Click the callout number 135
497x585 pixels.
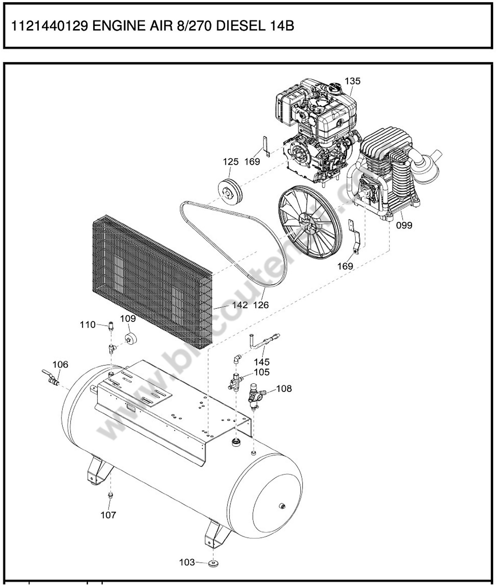pyautogui.click(x=352, y=81)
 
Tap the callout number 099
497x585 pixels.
pyautogui.click(x=404, y=225)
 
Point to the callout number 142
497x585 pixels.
pyautogui.click(x=240, y=305)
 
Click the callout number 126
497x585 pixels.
pyautogui.click(x=261, y=305)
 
